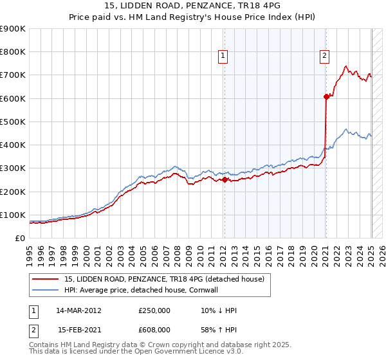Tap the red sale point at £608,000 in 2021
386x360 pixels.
pos(326,96)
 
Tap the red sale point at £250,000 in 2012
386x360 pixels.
pos(225,180)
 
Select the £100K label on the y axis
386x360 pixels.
pos(14,215)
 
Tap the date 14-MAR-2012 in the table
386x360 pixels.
pos(78,310)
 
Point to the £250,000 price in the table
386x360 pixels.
pos(154,310)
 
